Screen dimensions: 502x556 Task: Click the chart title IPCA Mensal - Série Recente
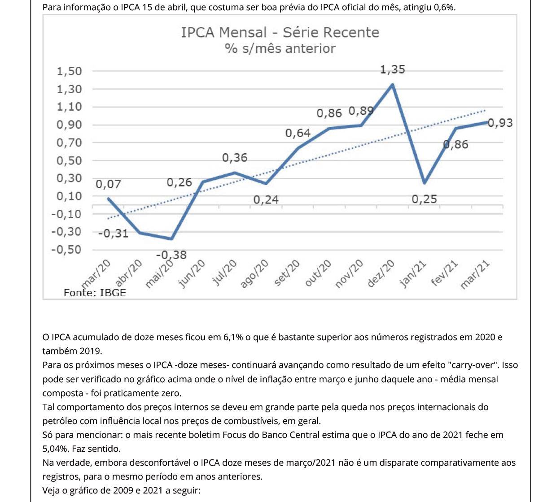[x=280, y=33]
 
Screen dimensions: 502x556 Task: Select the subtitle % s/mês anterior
[x=280, y=48]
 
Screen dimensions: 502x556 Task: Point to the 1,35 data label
[x=392, y=69]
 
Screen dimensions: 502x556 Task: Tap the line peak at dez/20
[x=393, y=84]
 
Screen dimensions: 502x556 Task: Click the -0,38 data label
[x=171, y=255]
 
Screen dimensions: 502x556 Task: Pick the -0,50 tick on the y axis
[x=67, y=250]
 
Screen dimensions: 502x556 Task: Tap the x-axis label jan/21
[x=413, y=274]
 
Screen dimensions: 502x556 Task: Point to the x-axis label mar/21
[x=475, y=274]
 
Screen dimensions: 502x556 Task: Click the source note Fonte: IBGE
[x=95, y=293]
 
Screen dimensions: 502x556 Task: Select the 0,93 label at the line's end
[x=500, y=123]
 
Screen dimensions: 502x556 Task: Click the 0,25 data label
[x=424, y=199]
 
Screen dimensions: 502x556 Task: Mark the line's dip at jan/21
[x=424, y=183]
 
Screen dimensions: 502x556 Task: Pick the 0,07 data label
[x=108, y=184]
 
